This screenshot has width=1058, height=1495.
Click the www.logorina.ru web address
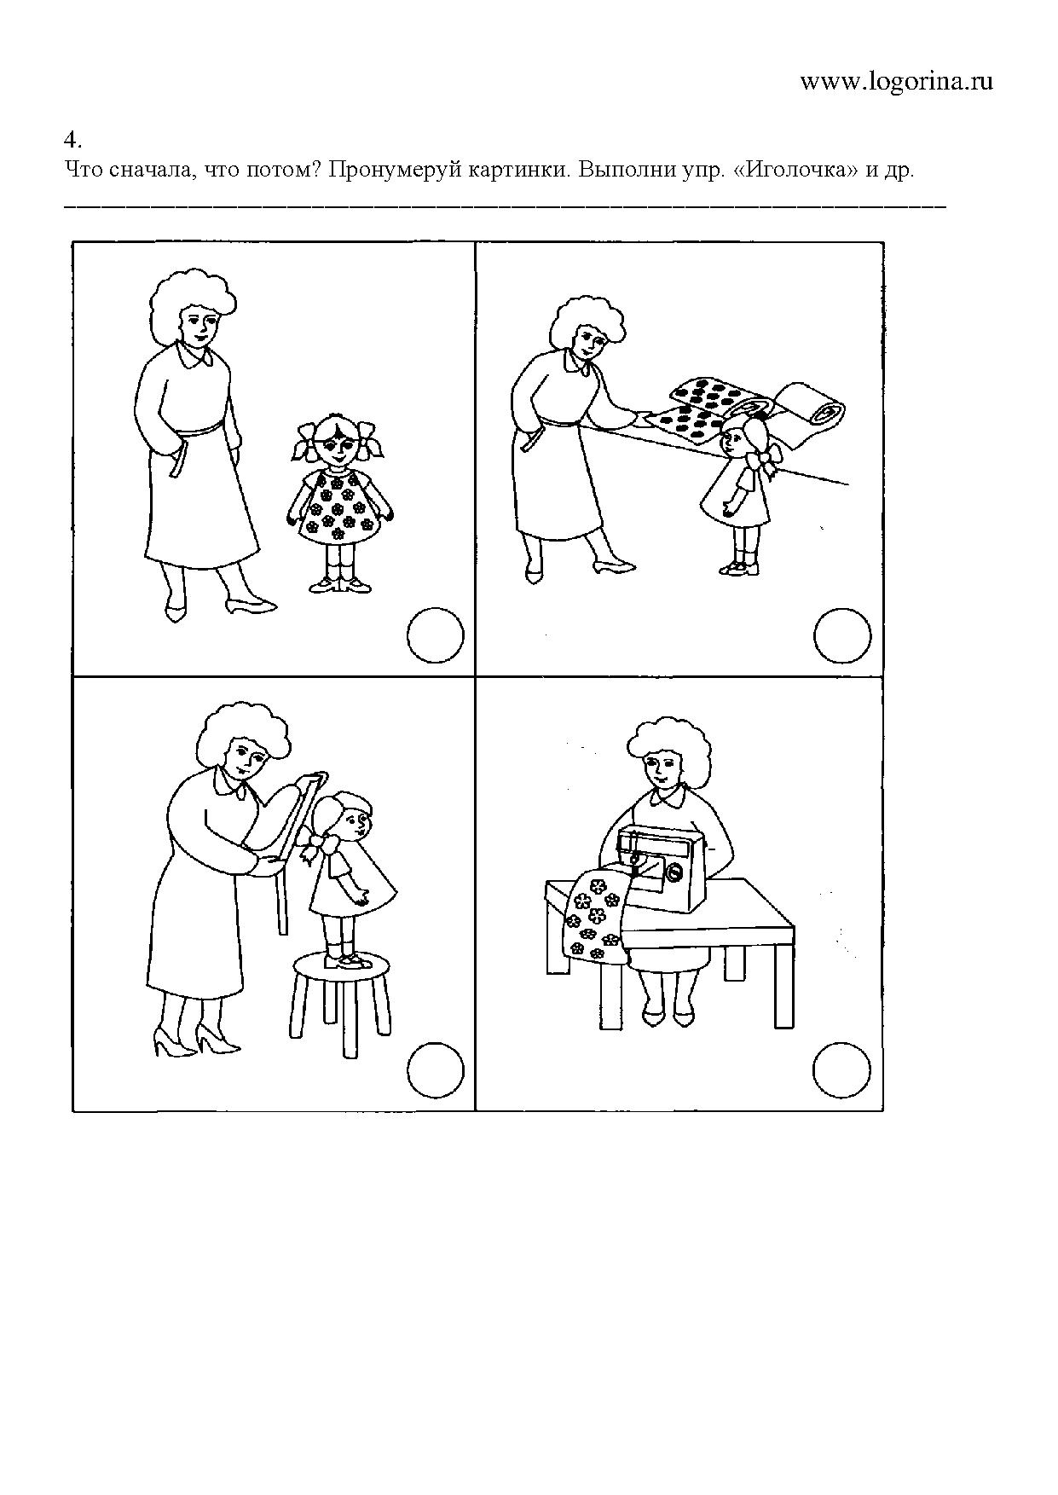[897, 82]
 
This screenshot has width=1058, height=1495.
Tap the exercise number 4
[72, 139]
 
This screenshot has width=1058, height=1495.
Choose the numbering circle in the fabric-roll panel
[842, 635]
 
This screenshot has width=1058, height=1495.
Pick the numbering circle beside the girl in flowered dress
[436, 635]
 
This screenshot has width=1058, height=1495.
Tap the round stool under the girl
[341, 1002]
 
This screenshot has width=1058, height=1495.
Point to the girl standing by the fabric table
[738, 495]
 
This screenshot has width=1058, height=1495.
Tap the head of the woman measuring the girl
[245, 742]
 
